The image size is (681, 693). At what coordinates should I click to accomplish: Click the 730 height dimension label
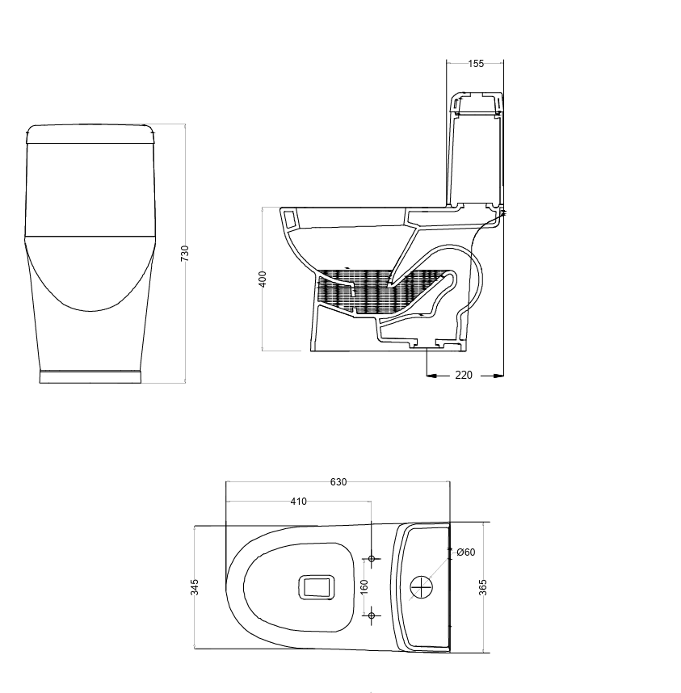[185, 253]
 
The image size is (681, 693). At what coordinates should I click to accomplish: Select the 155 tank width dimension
[476, 64]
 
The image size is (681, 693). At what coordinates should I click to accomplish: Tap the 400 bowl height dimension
[263, 279]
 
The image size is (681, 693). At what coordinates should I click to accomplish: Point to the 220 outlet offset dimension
[464, 375]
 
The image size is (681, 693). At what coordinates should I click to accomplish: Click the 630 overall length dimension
[338, 482]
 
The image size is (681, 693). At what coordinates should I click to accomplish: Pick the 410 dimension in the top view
[298, 502]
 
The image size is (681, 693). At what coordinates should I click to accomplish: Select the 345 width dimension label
[195, 587]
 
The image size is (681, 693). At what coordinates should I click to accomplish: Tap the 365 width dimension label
[483, 587]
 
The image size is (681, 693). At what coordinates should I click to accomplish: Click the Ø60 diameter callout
[465, 552]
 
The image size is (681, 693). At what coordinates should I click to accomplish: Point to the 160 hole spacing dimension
[364, 587]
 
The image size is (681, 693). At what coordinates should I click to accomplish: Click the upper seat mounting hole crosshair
[372, 559]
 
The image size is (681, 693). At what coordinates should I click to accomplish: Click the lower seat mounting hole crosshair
[372, 615]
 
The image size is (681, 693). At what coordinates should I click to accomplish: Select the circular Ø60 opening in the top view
[422, 587]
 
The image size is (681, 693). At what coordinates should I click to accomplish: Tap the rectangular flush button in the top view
[317, 587]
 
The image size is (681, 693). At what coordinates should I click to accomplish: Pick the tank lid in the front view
[90, 133]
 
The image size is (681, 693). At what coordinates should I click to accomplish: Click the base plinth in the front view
[90, 376]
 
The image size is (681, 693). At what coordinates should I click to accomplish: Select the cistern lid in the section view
[476, 102]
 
